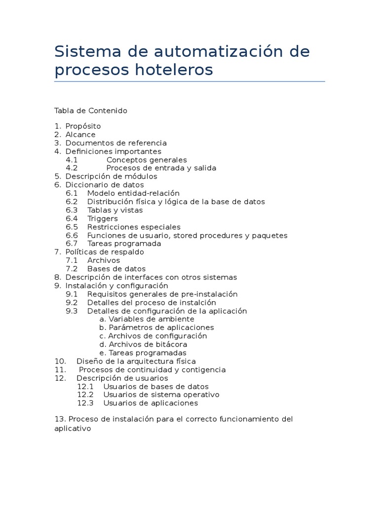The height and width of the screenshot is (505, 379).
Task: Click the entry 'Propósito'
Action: point(83,126)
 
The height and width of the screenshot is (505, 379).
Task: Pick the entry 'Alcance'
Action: point(80,135)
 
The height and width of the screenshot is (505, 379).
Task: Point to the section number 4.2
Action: point(72,168)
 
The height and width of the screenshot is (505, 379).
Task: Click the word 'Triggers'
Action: point(103,218)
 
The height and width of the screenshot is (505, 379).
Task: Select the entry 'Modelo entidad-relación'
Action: point(133,193)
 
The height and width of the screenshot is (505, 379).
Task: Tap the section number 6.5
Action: point(72,227)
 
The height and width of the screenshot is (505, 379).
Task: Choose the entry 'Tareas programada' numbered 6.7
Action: point(124,244)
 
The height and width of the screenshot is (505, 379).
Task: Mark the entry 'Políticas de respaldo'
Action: point(105,252)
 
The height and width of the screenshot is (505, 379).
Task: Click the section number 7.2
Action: point(72,269)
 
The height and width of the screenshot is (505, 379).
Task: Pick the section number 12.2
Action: point(85,395)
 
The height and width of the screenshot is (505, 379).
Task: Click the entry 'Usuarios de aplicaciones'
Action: point(151,403)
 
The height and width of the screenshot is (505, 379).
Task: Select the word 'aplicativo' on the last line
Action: point(73,429)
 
